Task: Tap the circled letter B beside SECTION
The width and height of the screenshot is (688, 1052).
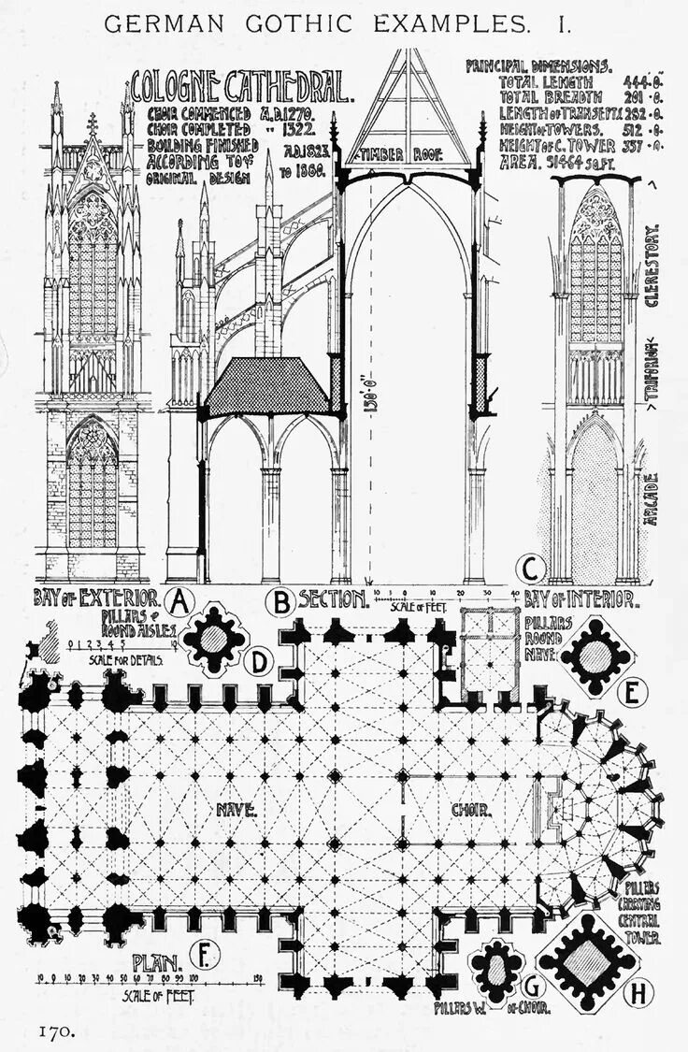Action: pyautogui.click(x=279, y=601)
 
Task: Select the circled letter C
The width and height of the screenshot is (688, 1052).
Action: pyautogui.click(x=532, y=568)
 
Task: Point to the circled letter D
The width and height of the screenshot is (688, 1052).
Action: pyautogui.click(x=255, y=662)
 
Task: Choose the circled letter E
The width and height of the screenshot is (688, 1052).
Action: pyautogui.click(x=633, y=693)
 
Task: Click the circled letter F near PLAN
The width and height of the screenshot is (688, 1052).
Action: pyautogui.click(x=202, y=955)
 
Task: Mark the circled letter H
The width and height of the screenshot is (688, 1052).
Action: pyautogui.click(x=637, y=992)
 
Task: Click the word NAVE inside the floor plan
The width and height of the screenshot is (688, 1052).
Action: pyautogui.click(x=236, y=808)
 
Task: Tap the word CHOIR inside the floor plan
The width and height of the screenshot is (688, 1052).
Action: pyautogui.click(x=470, y=809)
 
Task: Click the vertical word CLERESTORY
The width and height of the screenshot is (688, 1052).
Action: pyautogui.click(x=652, y=267)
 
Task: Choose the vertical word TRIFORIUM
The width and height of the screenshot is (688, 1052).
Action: pyautogui.click(x=652, y=371)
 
